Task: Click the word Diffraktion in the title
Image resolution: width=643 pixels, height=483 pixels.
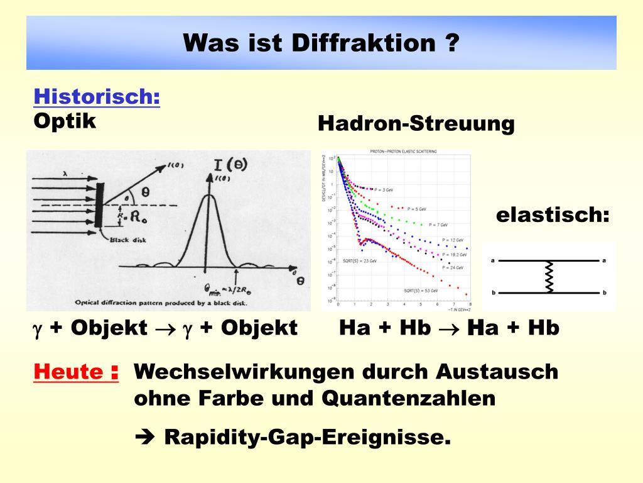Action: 364,43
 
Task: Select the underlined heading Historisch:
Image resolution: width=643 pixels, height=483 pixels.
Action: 97,97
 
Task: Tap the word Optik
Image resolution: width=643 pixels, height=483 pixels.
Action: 65,121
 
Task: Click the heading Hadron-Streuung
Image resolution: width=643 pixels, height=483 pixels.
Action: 416,123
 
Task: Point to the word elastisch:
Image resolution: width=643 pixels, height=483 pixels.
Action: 553,215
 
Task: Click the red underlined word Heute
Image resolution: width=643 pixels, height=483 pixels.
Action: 69,372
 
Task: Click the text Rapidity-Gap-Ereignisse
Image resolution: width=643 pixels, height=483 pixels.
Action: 307,438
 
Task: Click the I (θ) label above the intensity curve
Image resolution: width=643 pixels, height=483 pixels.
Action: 230,165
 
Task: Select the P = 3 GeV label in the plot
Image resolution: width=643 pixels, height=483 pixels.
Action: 383,189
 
